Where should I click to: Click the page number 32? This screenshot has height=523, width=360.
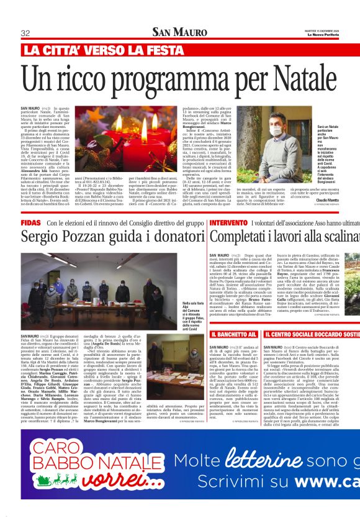[x=26, y=33]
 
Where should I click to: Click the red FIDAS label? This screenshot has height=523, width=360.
[x=31, y=222]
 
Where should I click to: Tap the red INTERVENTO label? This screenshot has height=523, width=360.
[x=228, y=222]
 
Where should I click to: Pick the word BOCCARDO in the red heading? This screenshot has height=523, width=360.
[x=314, y=335]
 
